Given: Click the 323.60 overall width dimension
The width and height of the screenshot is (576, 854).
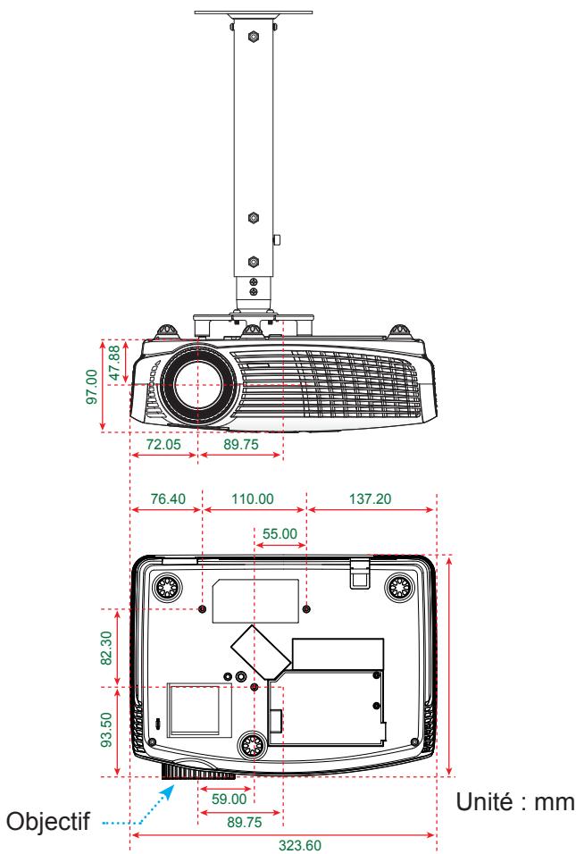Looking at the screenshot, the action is point(299,845).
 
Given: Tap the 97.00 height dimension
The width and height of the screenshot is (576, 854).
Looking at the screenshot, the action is point(92,387).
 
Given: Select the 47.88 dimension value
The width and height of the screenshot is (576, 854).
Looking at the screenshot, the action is point(114,363).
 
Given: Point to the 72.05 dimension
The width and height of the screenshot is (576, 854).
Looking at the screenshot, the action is point(163,445).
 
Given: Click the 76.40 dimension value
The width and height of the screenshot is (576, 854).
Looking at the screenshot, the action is point(168,498).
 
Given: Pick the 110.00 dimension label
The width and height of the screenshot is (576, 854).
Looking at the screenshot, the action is point(253,498).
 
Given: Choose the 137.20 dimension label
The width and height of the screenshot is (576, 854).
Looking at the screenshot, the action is point(371,498).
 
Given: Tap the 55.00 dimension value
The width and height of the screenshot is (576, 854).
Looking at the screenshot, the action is point(280,534).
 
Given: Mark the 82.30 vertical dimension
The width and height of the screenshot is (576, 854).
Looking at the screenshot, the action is point(106,648).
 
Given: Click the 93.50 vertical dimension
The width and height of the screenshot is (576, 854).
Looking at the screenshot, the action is point(106,730).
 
